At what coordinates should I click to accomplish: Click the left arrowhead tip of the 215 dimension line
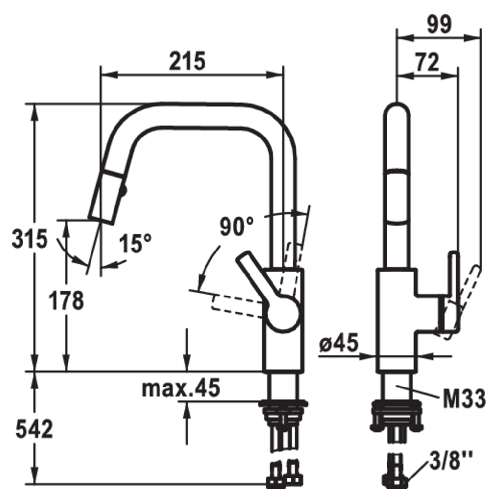[101, 75]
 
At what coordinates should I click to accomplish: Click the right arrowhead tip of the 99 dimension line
[481, 37]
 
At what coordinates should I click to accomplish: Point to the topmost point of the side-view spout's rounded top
[396, 102]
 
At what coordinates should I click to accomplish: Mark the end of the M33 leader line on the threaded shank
[396, 387]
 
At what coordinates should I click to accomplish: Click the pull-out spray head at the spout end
[106, 197]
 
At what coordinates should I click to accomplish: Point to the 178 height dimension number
[66, 300]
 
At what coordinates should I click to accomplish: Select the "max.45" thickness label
[181, 387]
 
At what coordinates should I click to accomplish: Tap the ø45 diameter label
[339, 342]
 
